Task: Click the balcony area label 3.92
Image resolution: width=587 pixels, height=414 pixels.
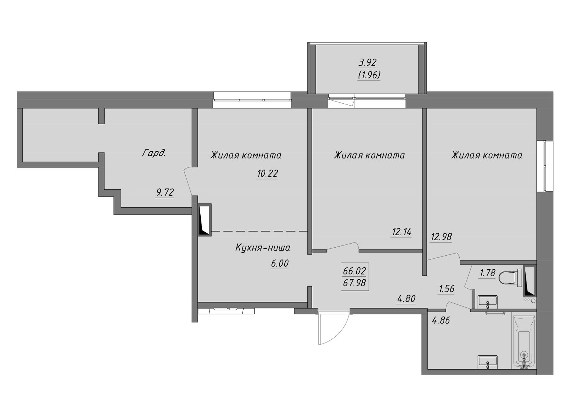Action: point(367,62)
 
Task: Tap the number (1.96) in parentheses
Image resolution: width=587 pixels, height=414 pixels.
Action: point(369,75)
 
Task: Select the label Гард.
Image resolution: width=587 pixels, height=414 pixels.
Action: point(154,153)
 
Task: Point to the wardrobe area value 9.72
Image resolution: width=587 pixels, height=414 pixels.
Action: point(164,192)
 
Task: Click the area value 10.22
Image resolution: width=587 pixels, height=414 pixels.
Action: point(267,173)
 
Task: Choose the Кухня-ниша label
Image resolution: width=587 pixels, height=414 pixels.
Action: point(263,248)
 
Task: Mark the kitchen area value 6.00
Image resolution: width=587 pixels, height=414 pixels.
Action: point(280,263)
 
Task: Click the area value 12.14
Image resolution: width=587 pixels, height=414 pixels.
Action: point(402,232)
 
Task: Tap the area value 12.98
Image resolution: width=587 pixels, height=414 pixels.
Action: point(441,237)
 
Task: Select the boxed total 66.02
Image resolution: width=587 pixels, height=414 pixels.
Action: point(354,271)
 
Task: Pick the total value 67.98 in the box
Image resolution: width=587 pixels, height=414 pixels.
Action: point(354,283)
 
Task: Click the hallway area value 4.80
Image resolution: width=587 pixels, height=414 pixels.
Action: point(406,299)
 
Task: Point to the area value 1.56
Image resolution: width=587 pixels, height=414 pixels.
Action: point(446,289)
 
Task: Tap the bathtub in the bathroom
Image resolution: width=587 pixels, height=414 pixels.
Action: point(525,341)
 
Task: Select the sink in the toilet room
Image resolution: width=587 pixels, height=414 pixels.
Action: point(488,301)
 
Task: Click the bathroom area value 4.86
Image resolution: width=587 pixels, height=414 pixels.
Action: point(441,321)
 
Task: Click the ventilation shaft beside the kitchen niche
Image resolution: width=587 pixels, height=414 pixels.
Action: point(204,219)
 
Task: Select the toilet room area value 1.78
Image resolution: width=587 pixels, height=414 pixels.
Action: point(488,273)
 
